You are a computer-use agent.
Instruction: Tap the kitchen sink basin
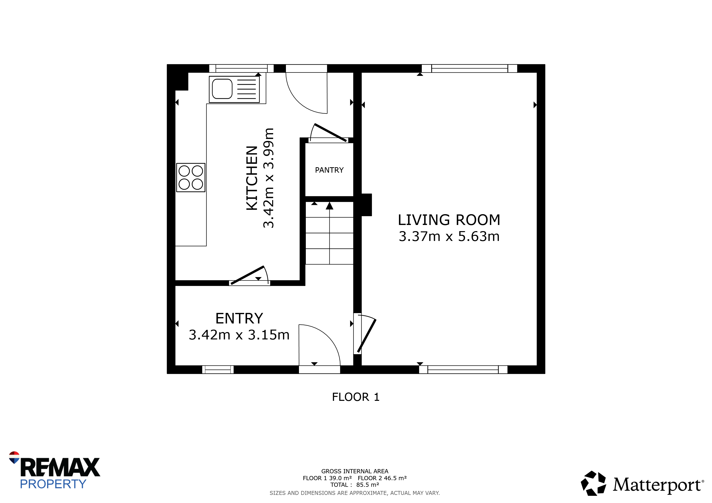pyautogui.click(x=222, y=89)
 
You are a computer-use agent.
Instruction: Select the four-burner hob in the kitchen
pyautogui.click(x=191, y=178)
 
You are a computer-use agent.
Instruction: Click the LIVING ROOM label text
pyautogui.click(x=449, y=220)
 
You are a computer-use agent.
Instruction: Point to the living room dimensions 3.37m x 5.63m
pyautogui.click(x=449, y=236)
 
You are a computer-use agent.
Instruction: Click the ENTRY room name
pyautogui.click(x=239, y=318)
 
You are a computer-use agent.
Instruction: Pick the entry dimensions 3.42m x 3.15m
pyautogui.click(x=239, y=335)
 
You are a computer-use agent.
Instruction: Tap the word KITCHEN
pyautogui.click(x=252, y=178)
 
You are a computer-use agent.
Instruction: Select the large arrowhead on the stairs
pyautogui.click(x=329, y=206)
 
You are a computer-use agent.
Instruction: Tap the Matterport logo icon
pyautogui.click(x=593, y=483)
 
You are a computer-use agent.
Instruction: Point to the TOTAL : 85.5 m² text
pyautogui.click(x=355, y=485)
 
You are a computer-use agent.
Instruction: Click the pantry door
pyautogui.click(x=331, y=133)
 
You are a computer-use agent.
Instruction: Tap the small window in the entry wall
pyautogui.click(x=218, y=369)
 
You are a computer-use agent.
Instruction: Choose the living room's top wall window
pyautogui.click(x=470, y=69)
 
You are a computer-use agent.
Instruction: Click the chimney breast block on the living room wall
pyautogui.click(x=367, y=205)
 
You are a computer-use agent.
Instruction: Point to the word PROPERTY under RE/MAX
pyautogui.click(x=53, y=484)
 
